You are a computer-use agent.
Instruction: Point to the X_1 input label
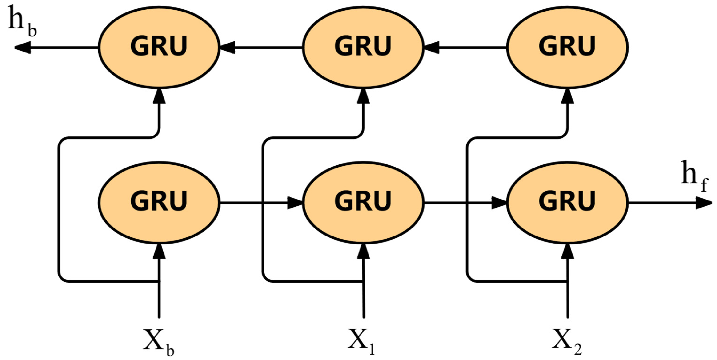(x=361, y=342)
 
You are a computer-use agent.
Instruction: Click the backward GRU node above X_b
(x=159, y=47)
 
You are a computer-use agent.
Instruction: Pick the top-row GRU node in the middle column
(x=363, y=47)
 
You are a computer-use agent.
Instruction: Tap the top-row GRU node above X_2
(x=567, y=47)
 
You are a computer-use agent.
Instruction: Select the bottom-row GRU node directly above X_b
(x=159, y=203)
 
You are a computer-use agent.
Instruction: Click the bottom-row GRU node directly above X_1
(x=363, y=203)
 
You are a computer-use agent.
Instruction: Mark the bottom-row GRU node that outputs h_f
(x=567, y=203)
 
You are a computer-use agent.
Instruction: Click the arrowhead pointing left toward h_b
(x=23, y=48)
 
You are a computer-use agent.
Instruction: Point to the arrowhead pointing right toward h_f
(x=704, y=203)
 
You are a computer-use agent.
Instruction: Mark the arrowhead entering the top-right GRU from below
(x=568, y=96)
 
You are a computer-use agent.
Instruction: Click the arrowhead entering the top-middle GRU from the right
(x=431, y=48)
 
